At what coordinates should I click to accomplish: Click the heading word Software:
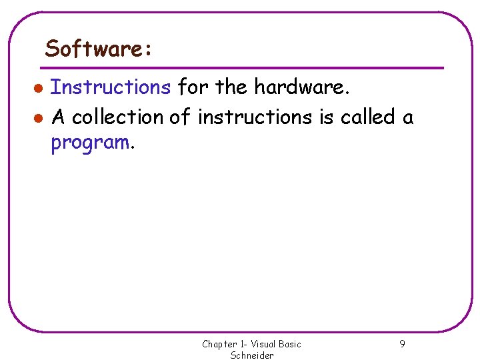coord(99,49)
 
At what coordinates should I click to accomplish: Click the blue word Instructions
coord(111,87)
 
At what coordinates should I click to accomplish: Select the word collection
coord(117,117)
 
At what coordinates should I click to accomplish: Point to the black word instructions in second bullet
coord(255,117)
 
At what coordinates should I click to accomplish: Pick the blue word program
coord(90,143)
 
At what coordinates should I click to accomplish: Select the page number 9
coord(402,344)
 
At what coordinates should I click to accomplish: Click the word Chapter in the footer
coord(219,344)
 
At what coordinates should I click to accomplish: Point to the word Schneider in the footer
coord(252,355)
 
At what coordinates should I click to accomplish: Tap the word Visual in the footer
coord(264,344)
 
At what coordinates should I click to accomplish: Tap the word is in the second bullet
coord(326,117)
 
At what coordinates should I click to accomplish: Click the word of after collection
coord(180,117)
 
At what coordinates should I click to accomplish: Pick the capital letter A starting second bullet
coord(58,117)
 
